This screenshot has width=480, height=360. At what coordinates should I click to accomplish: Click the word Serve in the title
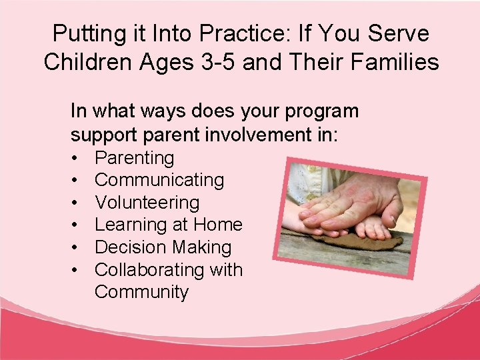point(398,33)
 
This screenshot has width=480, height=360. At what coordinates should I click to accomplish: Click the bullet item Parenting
point(134,158)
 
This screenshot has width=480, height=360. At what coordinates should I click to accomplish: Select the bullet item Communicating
point(159,180)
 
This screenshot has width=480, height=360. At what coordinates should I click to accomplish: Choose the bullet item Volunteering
point(147,203)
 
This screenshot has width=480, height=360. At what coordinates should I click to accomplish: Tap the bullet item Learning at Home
point(168,225)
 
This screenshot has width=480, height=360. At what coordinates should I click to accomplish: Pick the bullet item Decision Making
point(163,247)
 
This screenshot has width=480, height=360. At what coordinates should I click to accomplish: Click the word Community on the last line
point(141,292)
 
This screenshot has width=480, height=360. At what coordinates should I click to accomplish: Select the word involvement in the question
point(251,135)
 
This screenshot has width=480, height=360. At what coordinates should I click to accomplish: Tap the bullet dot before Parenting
point(77,159)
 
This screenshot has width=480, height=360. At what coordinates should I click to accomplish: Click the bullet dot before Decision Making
point(77,248)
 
